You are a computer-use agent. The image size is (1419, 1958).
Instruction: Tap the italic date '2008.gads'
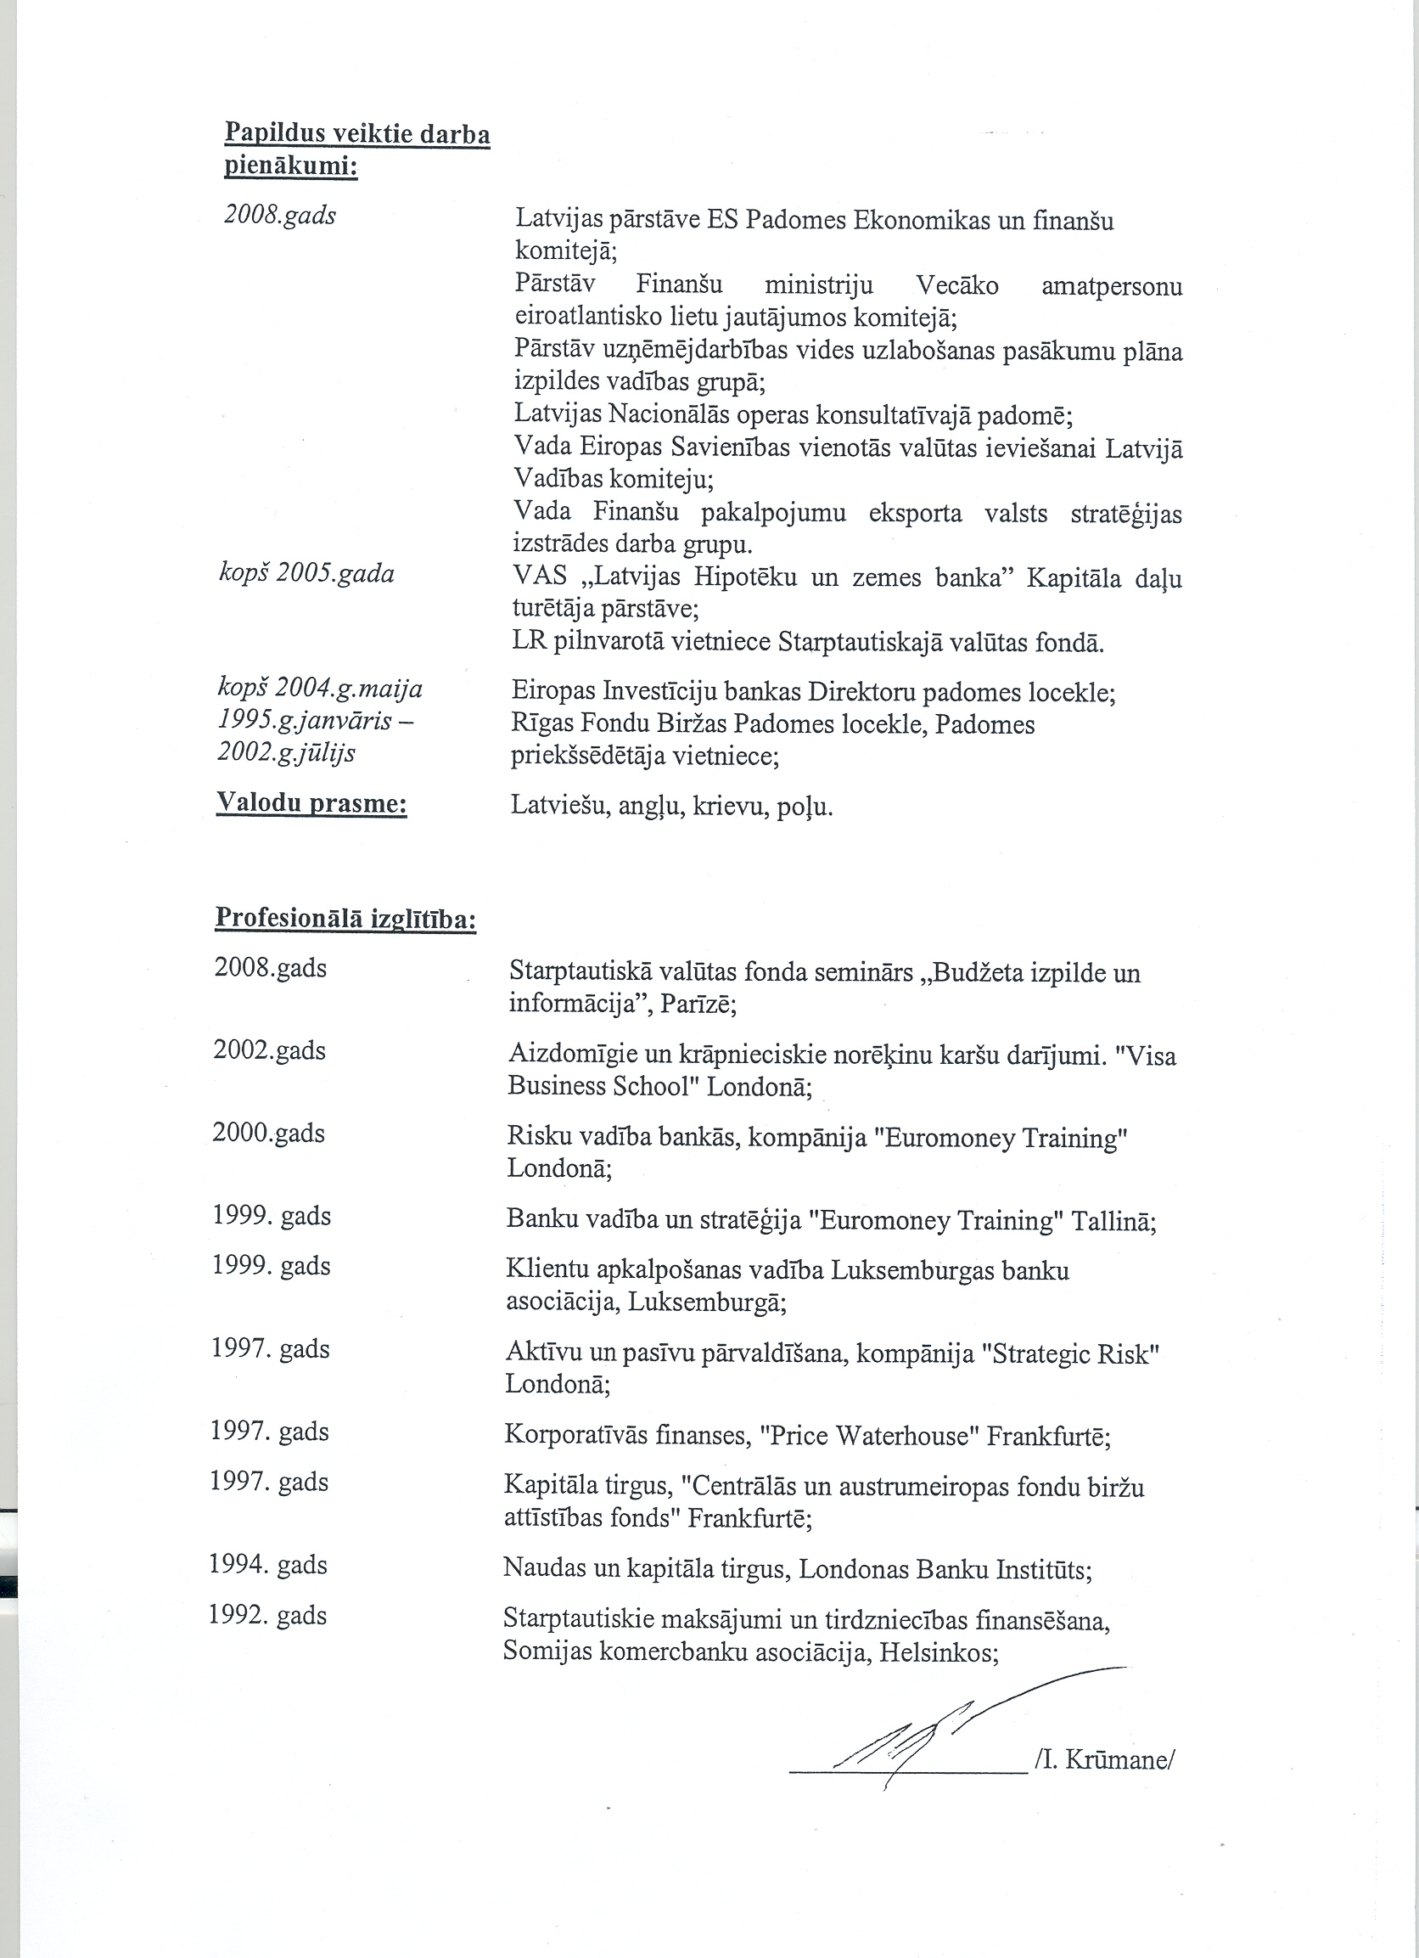(x=280, y=215)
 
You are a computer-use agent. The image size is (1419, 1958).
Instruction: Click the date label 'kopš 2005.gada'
(x=306, y=574)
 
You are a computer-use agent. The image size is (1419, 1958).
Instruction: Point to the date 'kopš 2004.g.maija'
(x=319, y=689)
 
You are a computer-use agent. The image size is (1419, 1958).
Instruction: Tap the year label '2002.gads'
(x=269, y=1050)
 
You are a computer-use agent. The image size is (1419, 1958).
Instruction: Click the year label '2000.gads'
(x=268, y=1133)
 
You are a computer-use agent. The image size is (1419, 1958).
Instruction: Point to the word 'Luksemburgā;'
(x=707, y=1302)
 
